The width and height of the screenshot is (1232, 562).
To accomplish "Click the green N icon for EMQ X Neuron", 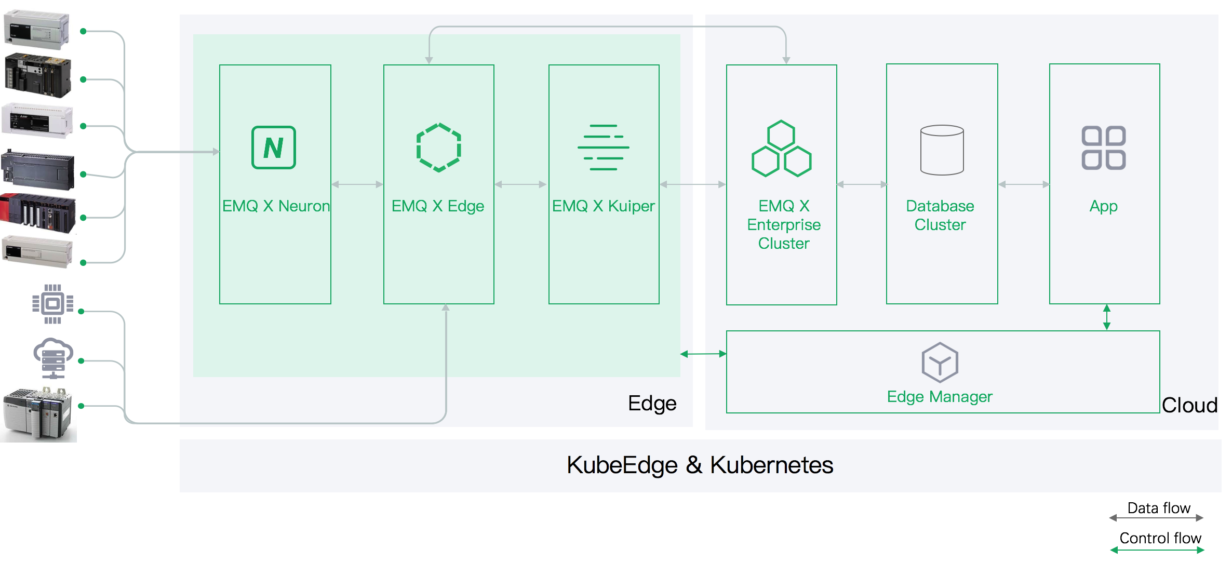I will pyautogui.click(x=273, y=148).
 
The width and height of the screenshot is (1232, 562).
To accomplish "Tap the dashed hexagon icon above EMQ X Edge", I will pyautogui.click(x=438, y=148).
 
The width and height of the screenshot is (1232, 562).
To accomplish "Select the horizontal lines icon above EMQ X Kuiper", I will pyautogui.click(x=603, y=148).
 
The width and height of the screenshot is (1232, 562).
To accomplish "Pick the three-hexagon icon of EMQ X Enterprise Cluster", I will pyautogui.click(x=781, y=149).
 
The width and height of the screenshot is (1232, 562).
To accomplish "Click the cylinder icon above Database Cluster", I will pyautogui.click(x=942, y=150).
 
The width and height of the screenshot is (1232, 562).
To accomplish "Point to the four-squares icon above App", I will pyautogui.click(x=1104, y=148).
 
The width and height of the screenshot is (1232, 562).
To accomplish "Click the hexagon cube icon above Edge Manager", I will pyautogui.click(x=940, y=362).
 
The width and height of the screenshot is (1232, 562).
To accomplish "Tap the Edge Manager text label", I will pyautogui.click(x=940, y=397).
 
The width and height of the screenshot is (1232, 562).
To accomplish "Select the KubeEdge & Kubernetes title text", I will pyautogui.click(x=700, y=465).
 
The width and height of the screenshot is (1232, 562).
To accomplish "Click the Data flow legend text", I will pyautogui.click(x=1159, y=508).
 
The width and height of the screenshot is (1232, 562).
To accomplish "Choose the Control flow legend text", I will pyautogui.click(x=1160, y=538).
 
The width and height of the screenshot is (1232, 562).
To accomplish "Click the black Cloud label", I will pyautogui.click(x=1189, y=405).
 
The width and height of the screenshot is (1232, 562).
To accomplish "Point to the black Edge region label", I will pyautogui.click(x=652, y=404).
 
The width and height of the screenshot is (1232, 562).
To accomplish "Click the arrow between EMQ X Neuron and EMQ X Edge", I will pyautogui.click(x=357, y=184).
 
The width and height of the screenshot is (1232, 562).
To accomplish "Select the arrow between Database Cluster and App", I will pyautogui.click(x=1024, y=184).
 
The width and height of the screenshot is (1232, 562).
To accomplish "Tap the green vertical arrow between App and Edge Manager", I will pyautogui.click(x=1107, y=317).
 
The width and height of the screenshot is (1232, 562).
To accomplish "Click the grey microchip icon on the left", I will pyautogui.click(x=52, y=304).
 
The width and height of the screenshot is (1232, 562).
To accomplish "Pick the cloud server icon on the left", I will pyautogui.click(x=53, y=358).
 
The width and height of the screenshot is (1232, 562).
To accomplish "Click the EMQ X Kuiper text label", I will pyautogui.click(x=603, y=206).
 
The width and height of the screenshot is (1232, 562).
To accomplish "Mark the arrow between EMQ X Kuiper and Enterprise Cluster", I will pyautogui.click(x=692, y=184).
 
